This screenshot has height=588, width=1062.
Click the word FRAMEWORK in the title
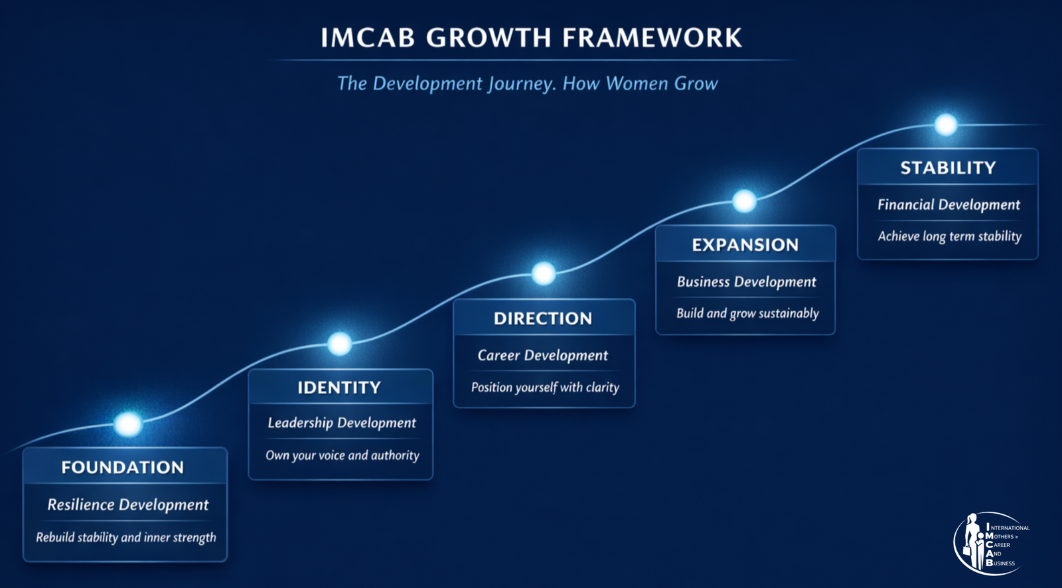652,37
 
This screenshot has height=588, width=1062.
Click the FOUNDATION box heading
122,468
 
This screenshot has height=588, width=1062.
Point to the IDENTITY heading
339,388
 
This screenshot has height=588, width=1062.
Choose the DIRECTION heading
544,319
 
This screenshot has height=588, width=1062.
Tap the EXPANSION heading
745,245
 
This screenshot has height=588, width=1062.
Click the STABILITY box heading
948,168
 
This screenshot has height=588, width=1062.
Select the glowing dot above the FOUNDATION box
128,424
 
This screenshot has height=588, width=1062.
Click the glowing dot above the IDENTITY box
339,343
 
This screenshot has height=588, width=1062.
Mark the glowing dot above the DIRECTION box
544,273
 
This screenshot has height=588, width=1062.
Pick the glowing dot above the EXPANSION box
744,201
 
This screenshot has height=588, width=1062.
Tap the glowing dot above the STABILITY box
946,125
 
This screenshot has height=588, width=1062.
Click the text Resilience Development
128,505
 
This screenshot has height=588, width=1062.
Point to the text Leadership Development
342,423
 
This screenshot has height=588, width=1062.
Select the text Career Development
543,356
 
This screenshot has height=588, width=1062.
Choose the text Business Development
747,282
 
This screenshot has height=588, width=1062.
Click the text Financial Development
948,205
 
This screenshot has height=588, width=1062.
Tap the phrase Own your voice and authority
342,456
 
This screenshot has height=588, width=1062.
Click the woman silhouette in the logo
972,541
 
